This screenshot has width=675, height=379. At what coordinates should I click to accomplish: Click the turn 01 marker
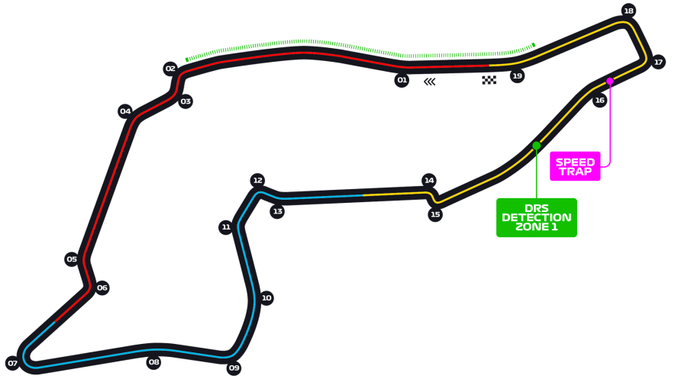pyautogui.click(x=402, y=80)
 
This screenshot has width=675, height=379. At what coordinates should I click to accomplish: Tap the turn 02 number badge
pyautogui.click(x=170, y=69)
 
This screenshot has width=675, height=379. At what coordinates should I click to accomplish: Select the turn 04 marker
pyautogui.click(x=125, y=111)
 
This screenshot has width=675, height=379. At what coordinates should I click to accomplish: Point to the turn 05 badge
pyautogui.click(x=72, y=259)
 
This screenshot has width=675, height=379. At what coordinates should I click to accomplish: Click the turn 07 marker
pyautogui.click(x=12, y=363)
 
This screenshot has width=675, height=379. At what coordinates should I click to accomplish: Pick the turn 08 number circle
pyautogui.click(x=153, y=362)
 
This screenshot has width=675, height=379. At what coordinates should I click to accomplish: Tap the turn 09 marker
pyautogui.click(x=234, y=368)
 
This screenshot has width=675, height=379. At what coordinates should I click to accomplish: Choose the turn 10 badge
pyautogui.click(x=266, y=298)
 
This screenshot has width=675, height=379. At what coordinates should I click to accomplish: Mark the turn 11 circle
pyautogui.click(x=225, y=227)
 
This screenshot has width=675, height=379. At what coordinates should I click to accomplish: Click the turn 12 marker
pyautogui.click(x=257, y=181)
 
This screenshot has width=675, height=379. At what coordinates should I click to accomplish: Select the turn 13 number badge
pyautogui.click(x=277, y=211)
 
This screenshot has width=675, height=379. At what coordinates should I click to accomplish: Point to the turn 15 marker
pyautogui.click(x=435, y=214)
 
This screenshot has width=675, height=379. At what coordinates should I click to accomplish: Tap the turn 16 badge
pyautogui.click(x=599, y=100)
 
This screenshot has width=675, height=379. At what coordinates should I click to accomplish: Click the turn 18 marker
pyautogui.click(x=628, y=11)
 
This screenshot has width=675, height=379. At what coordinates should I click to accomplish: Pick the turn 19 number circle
pyautogui.click(x=517, y=75)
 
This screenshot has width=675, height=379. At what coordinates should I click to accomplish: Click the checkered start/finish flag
pyautogui.click(x=489, y=80)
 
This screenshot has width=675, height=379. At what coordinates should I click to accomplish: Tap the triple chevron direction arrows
pyautogui.click(x=430, y=82)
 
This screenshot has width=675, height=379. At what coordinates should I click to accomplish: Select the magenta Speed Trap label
pyautogui.click(x=575, y=166)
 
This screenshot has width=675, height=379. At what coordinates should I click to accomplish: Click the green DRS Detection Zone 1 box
pyautogui.click(x=536, y=217)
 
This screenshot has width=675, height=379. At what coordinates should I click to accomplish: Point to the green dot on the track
pyautogui.click(x=536, y=146)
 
